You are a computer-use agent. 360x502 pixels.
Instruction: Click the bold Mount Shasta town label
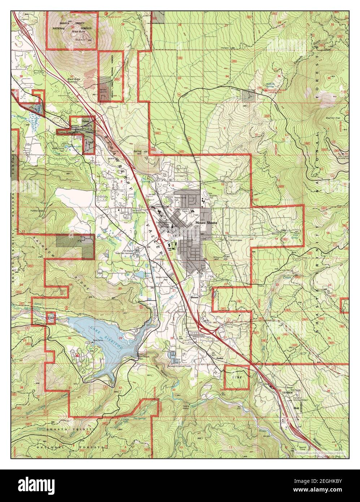coord(206,223)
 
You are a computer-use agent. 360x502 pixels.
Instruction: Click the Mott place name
coord(296,408)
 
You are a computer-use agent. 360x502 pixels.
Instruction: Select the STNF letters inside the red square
coord(237,377)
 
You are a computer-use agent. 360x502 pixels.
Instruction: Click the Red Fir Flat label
coord(333,118)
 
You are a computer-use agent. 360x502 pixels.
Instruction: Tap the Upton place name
coord(86,121)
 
